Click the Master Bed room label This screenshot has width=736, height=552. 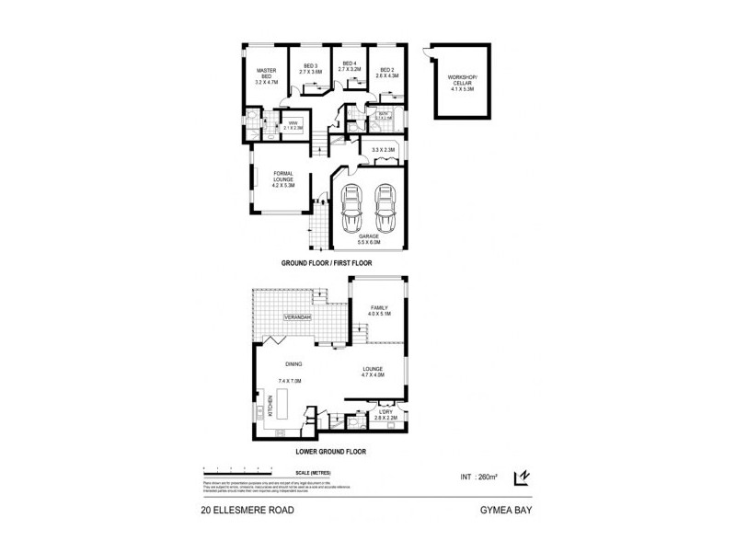click(x=266, y=76)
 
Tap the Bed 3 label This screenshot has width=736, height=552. click(x=310, y=66)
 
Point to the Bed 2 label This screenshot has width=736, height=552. click(x=386, y=72)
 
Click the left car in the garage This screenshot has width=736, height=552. click(x=351, y=211)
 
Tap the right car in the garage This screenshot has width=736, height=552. click(x=384, y=211)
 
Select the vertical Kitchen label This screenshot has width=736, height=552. click(x=270, y=405)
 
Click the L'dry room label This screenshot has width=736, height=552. click(x=385, y=415)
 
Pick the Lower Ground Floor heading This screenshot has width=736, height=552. click(x=331, y=453)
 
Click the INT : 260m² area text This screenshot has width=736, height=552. click(x=479, y=477)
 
